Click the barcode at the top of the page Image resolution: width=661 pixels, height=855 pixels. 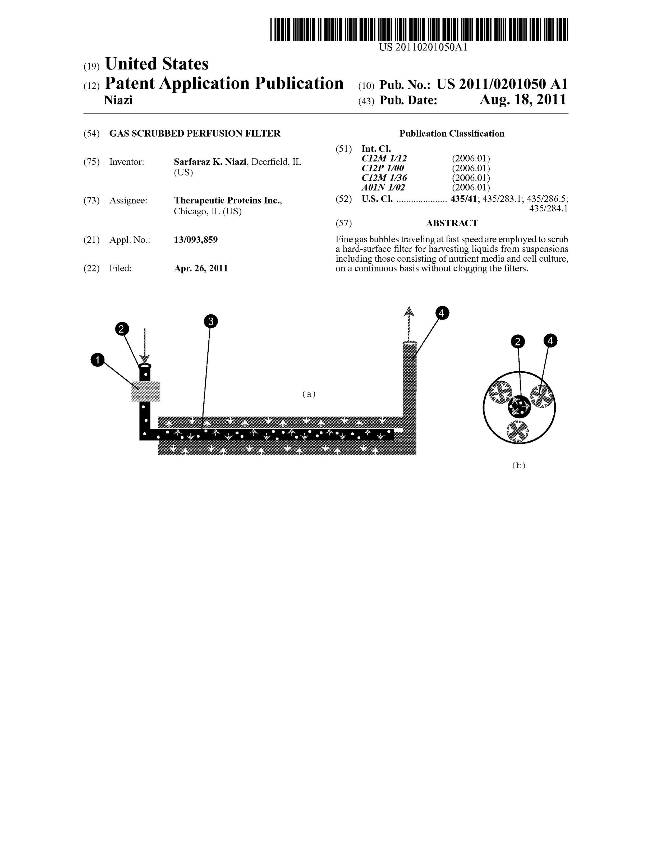pyautogui.click(x=419, y=29)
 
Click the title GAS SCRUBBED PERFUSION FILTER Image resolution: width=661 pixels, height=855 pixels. pyautogui.click(x=195, y=133)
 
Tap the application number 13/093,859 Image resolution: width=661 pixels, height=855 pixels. pyautogui.click(x=196, y=240)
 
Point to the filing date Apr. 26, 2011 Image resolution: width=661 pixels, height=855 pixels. pyautogui.click(x=201, y=268)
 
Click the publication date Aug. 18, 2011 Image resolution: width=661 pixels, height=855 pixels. pyautogui.click(x=523, y=100)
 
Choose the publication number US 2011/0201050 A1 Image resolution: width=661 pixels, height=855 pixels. pyautogui.click(x=502, y=84)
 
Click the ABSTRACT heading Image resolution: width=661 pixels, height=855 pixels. pyautogui.click(x=452, y=223)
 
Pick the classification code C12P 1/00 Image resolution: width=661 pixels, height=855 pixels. pyautogui.click(x=383, y=168)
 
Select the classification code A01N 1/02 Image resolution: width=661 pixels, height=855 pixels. pyautogui.click(x=383, y=187)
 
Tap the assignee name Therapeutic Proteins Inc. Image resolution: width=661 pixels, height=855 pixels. pyautogui.click(x=227, y=200)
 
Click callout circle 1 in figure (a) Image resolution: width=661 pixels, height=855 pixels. pyautogui.click(x=97, y=360)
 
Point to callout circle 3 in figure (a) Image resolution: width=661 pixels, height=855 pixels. pyautogui.click(x=211, y=321)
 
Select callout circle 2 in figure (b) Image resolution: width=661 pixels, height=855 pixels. pyautogui.click(x=518, y=342)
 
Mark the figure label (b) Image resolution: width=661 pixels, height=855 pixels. pyautogui.click(x=519, y=465)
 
